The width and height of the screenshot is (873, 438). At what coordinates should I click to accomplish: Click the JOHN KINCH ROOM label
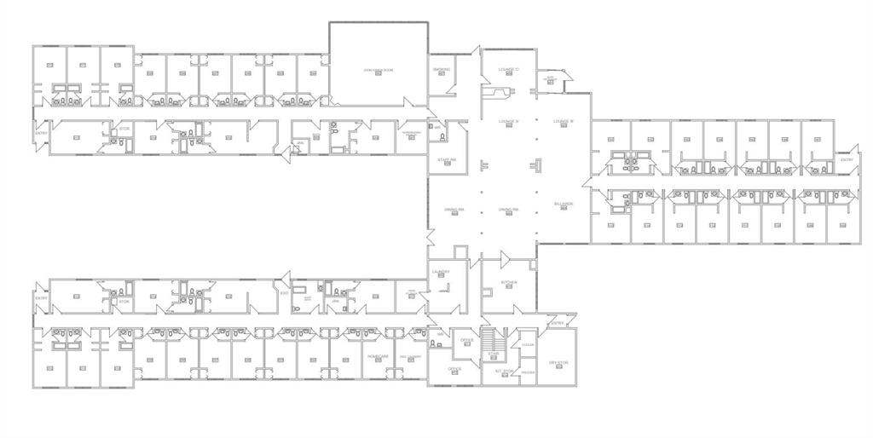tap(378, 69)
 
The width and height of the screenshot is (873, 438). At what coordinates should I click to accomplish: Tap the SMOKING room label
tap(441, 69)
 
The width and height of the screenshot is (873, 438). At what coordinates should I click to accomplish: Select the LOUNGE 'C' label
tap(508, 69)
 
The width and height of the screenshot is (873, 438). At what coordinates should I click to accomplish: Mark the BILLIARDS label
tap(563, 205)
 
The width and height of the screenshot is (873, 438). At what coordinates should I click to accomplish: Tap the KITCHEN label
tap(508, 281)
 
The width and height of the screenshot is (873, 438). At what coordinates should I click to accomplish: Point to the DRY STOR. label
tap(558, 363)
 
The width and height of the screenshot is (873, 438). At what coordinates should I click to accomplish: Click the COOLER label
tap(528, 343)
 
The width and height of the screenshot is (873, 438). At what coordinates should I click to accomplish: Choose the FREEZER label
tap(528, 372)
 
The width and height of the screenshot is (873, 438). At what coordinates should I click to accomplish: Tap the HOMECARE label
tap(378, 356)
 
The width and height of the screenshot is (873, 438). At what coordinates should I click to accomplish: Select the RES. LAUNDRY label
tap(410, 356)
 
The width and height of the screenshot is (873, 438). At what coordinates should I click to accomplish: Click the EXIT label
tap(284, 293)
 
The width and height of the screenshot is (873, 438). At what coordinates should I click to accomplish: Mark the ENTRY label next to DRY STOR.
tap(557, 324)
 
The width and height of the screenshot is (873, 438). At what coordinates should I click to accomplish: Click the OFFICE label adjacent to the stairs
tap(466, 340)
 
